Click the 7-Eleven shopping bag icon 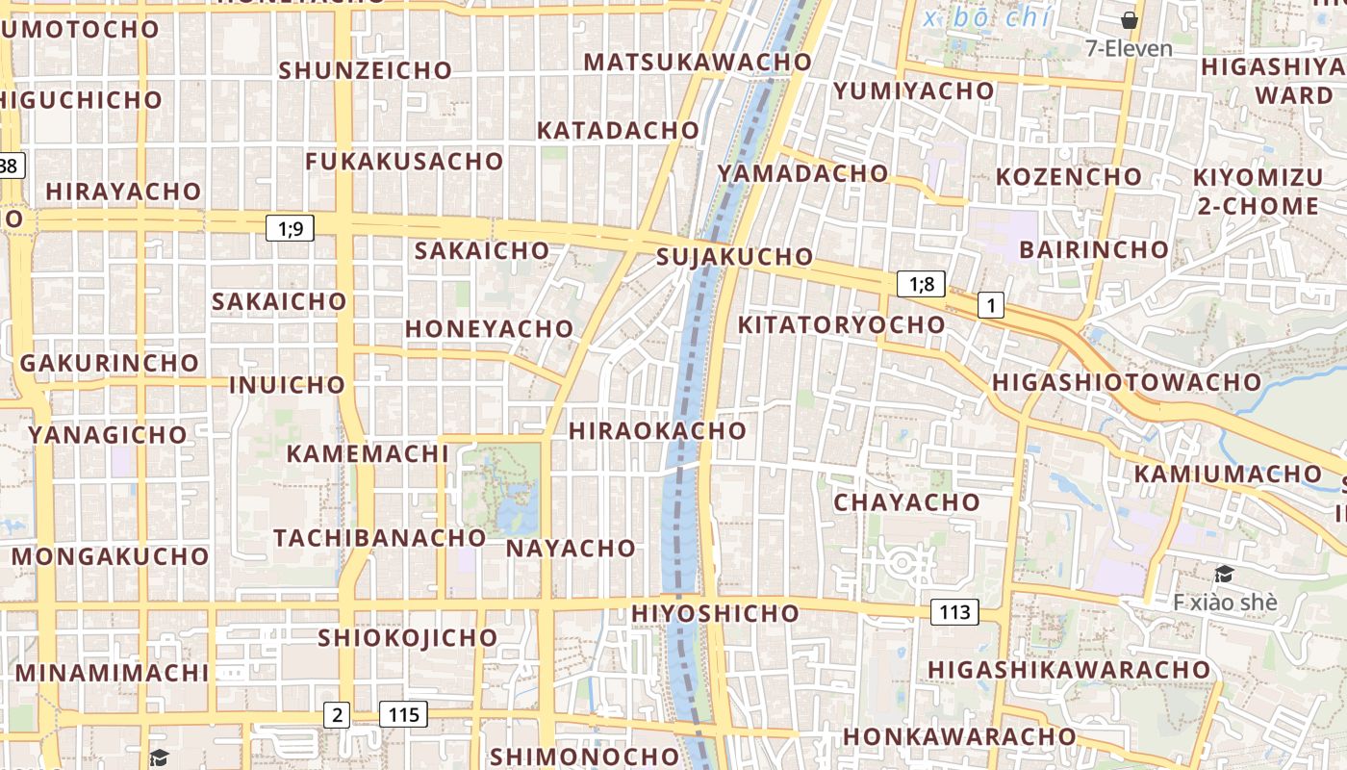tap(1130, 20)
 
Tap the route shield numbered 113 tap(954, 611)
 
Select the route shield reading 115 tap(403, 714)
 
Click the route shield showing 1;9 tap(290, 228)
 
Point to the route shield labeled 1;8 tap(921, 284)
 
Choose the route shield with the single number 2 tap(336, 714)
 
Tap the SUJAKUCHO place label tap(734, 257)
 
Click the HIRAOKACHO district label tap(657, 430)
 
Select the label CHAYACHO tap(906, 501)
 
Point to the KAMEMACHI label tap(362, 453)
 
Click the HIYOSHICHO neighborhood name tap(715, 613)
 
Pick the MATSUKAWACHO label tap(698, 62)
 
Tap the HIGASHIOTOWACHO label tap(1126, 381)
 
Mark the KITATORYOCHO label tap(841, 324)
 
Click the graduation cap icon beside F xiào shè tap(1224, 575)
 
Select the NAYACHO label tap(571, 549)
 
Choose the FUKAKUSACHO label tap(404, 161)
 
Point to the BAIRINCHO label tap(1093, 249)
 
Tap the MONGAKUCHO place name tap(110, 556)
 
